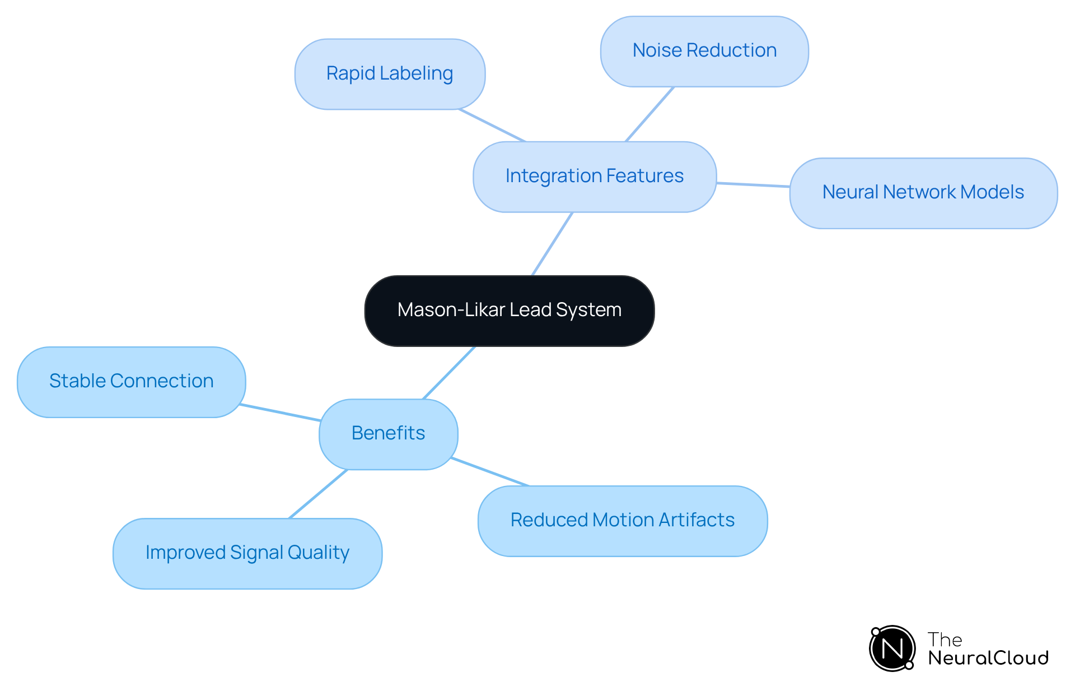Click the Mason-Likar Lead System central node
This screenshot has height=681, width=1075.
coord(509,311)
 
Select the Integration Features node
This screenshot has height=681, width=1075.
coord(594,177)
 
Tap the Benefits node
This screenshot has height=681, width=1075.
coord(388,434)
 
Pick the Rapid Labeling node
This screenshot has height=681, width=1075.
coord(390,74)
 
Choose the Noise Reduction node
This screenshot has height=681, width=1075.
coord(704,51)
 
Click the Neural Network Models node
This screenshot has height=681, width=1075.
coord(923,193)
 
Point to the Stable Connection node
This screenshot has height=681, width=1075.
coord(131,382)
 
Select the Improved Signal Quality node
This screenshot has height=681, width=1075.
coord(247,553)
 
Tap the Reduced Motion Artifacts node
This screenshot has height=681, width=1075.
coord(622,521)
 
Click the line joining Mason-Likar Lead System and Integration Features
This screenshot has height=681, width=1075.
coord(552,244)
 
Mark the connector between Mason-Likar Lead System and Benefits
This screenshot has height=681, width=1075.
coord(449,373)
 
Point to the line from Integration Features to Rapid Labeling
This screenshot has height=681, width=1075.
coord(492,125)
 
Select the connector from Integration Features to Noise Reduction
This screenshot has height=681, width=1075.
coord(649,114)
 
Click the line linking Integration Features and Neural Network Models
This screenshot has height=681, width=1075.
coord(753,184)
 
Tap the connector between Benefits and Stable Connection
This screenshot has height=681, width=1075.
coord(280,412)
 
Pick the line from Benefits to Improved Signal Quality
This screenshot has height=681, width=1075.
coord(318,494)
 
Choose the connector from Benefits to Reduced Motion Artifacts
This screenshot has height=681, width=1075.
coord(490,472)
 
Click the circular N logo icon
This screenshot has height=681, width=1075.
coord(892,648)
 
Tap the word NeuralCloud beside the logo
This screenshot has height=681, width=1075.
coord(988,658)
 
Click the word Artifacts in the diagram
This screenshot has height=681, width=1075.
coord(697,520)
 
